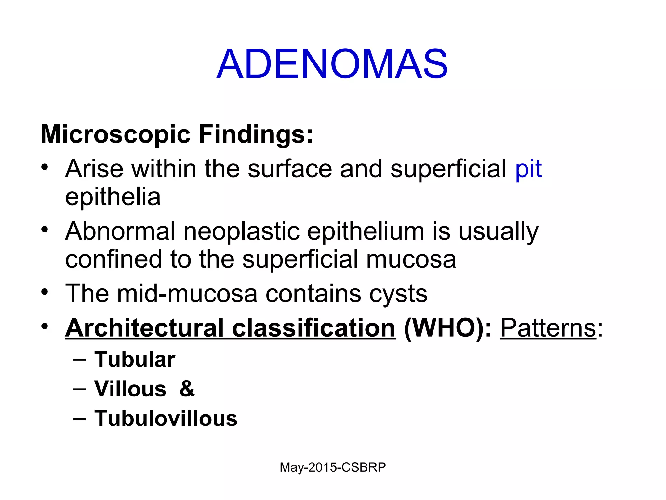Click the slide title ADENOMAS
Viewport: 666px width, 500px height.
[x=332, y=64]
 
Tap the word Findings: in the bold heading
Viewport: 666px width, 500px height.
[x=256, y=134]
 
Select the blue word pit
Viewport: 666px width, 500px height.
[x=528, y=169]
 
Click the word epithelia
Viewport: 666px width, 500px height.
[x=113, y=197]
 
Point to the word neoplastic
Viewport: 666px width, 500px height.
[x=241, y=231]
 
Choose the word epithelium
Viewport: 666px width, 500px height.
[x=366, y=231]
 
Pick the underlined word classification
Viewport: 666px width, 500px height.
[x=313, y=328]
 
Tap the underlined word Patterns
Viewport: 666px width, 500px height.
[x=548, y=328]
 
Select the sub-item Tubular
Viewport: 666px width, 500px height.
[x=135, y=359]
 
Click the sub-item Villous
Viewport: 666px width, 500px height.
[x=130, y=389]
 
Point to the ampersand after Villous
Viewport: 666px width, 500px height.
[x=187, y=389]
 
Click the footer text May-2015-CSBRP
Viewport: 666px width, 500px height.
[x=333, y=467]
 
